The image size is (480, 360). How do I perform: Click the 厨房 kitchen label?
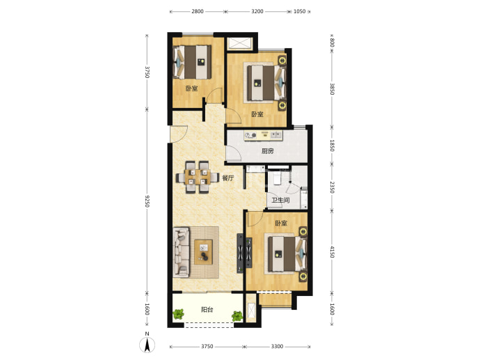coord(268,151)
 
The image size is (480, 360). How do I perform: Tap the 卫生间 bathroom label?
coord(281,201)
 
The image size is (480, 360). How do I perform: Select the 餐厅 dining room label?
coord(227,178)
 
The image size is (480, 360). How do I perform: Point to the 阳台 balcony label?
coord(207,310)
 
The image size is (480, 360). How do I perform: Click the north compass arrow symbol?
coord(147,345)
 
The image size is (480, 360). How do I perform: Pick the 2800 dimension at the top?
coord(198,11)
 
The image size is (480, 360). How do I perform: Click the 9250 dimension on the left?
coord(147,201)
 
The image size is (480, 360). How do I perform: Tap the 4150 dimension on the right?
coord(333,251)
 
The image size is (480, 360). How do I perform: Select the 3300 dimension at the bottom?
coord(277,347)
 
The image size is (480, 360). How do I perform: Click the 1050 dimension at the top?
coord(299,11)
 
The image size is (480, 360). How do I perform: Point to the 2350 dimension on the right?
coord(333,187)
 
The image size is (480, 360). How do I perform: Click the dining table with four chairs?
coord(198,177)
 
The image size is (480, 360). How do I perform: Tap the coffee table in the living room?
coord(203,252)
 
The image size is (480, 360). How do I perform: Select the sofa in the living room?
coord(182,252)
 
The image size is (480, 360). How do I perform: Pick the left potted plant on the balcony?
coord(178,314)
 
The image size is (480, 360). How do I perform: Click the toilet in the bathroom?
coord(277,178)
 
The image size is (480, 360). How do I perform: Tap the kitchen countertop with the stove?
coord(263,135)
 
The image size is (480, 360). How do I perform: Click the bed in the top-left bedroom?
coord(192,62)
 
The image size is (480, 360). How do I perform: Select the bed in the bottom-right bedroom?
coord(287,254)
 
